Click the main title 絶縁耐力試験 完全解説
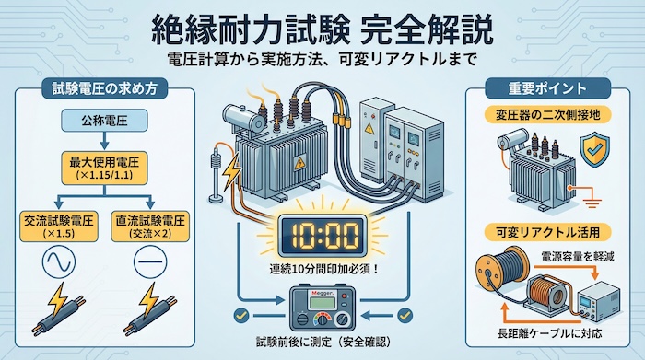(322, 26)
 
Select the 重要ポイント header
(548, 90)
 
